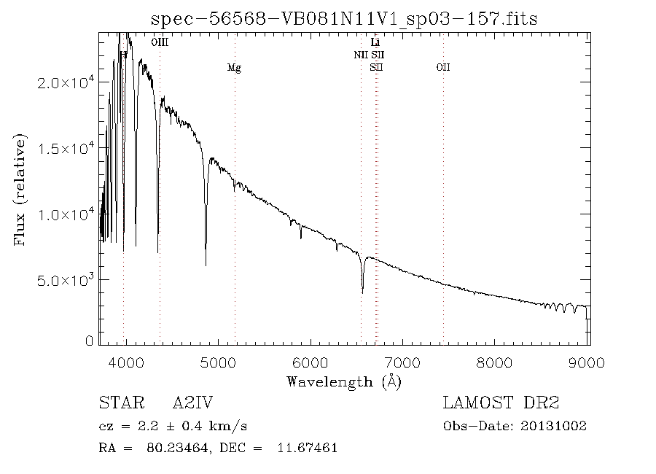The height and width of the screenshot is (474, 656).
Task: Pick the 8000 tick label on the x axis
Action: click(496, 362)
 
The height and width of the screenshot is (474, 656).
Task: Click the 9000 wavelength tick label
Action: click(588, 362)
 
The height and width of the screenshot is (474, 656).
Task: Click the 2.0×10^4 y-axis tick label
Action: click(66, 83)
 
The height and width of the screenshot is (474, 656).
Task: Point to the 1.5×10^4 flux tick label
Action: click(66, 149)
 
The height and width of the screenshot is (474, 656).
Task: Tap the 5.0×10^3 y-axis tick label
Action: click(66, 280)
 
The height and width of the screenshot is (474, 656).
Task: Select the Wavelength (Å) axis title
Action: click(344, 381)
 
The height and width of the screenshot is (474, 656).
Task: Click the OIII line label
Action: click(160, 42)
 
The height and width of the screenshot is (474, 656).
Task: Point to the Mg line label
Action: click(234, 68)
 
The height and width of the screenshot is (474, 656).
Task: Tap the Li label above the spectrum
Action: click(375, 43)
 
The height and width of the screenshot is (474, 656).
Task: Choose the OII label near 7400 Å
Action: click(443, 68)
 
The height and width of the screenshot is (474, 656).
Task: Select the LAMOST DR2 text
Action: click(501, 403)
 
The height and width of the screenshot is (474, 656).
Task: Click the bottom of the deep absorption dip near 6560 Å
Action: click(362, 292)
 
